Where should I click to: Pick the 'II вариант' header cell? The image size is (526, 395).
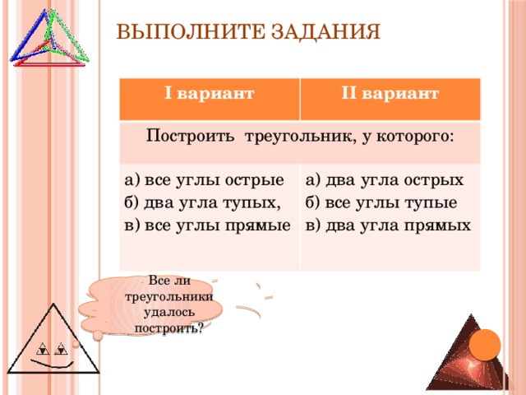(x=389, y=95)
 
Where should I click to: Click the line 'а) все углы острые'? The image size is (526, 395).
(x=204, y=180)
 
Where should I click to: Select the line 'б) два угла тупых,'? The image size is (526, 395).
(x=202, y=202)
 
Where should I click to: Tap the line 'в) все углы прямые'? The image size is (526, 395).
(x=206, y=225)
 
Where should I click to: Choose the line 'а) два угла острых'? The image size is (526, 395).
(x=384, y=180)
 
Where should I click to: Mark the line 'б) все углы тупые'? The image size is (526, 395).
(x=381, y=202)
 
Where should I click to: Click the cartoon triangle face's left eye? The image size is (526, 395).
(x=40, y=346)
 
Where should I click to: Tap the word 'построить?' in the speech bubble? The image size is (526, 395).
(x=168, y=328)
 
